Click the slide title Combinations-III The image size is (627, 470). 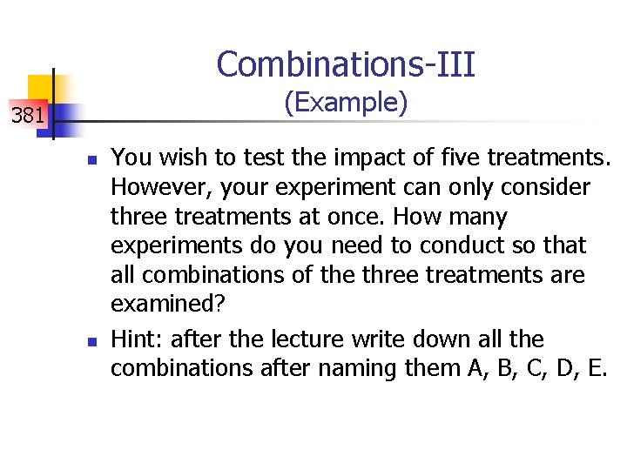[x=346, y=64]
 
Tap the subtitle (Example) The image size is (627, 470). [x=346, y=104]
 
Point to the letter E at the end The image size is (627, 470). [x=595, y=368]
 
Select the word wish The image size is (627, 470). [x=172, y=158]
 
